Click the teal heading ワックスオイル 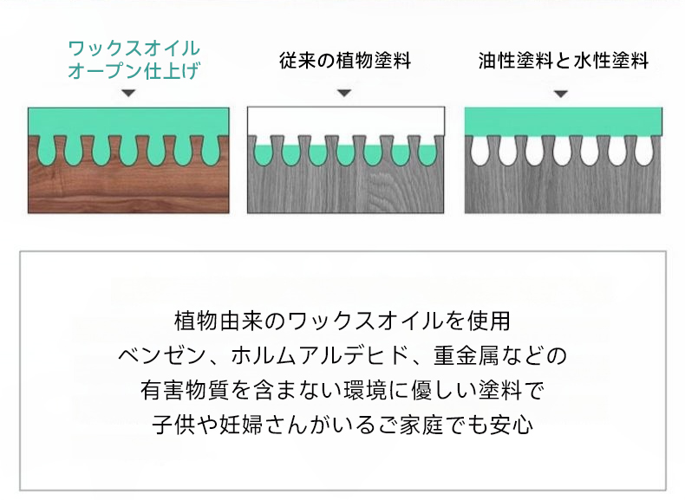[134, 48]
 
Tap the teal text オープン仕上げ [134, 71]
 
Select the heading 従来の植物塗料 [345, 61]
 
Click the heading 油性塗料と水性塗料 [563, 61]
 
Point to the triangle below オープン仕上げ [128, 93]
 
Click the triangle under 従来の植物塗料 [344, 93]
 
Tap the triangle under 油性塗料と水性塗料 [561, 94]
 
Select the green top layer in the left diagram [128, 121]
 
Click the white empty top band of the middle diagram [346, 121]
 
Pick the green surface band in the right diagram [563, 121]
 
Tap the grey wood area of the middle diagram [346, 190]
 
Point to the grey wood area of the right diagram [563, 190]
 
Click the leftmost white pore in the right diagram [479, 151]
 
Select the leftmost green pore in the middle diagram [263, 155]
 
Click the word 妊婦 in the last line [241, 425]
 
